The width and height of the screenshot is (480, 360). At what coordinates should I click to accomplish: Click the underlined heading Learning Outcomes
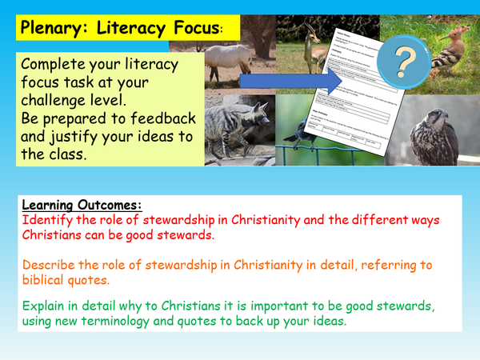pyautogui.click(x=82, y=204)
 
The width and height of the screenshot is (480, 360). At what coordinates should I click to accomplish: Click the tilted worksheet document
pyautogui.click(x=352, y=104)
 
